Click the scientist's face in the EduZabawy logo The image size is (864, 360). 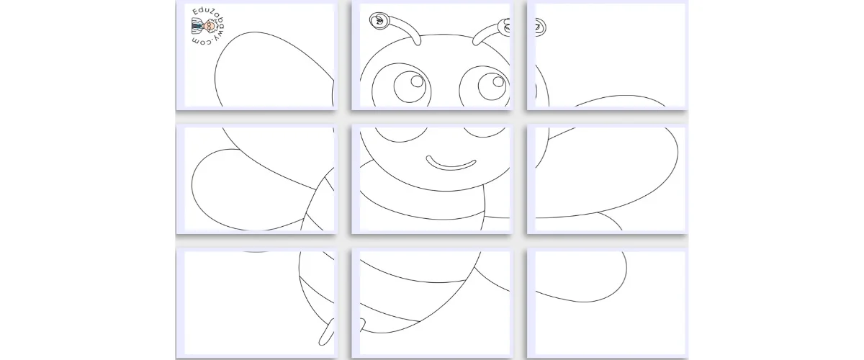pyautogui.click(x=210, y=26)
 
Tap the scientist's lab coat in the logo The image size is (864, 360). pyautogui.click(x=197, y=26)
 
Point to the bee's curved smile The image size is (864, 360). pyautogui.click(x=451, y=163)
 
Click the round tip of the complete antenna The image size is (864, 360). pyautogui.click(x=379, y=20)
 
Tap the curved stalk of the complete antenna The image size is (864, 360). pyautogui.click(x=405, y=30)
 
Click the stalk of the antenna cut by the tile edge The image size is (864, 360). pyautogui.click(x=487, y=34)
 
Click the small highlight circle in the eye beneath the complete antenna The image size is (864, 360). pyautogui.click(x=417, y=81)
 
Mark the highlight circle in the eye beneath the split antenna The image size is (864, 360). pyautogui.click(x=498, y=81)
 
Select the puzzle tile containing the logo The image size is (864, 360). pyautogui.click(x=256, y=55)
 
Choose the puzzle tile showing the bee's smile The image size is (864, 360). pyautogui.click(x=432, y=179)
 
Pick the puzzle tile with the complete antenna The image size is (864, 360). pyautogui.click(x=432, y=55)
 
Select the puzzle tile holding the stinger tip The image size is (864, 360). pyautogui.click(x=256, y=303)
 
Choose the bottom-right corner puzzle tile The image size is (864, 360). pyautogui.click(x=608, y=303)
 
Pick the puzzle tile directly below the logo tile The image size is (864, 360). pyautogui.click(x=256, y=179)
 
